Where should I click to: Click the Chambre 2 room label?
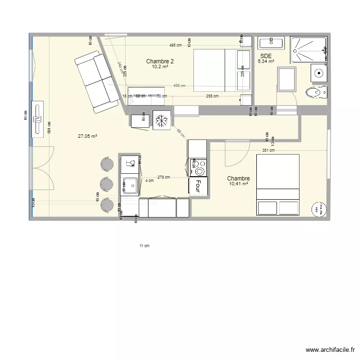pyautogui.click(x=160, y=61)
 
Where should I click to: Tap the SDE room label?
pyautogui.click(x=266, y=56)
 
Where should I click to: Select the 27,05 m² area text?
pyautogui.click(x=87, y=136)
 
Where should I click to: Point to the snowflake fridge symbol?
pyautogui.click(x=162, y=120)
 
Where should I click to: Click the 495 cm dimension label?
pyautogui.click(x=175, y=46)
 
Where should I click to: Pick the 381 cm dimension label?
pyautogui.click(x=268, y=150)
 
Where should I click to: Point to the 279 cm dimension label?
pyautogui.click(x=164, y=177)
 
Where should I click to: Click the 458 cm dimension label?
pyautogui.click(x=180, y=86)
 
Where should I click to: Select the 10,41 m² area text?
pyautogui.click(x=239, y=184)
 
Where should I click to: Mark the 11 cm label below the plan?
pyautogui.click(x=144, y=246)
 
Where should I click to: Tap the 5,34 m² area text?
pyautogui.click(x=266, y=61)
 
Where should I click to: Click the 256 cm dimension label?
pyautogui.click(x=212, y=96)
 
